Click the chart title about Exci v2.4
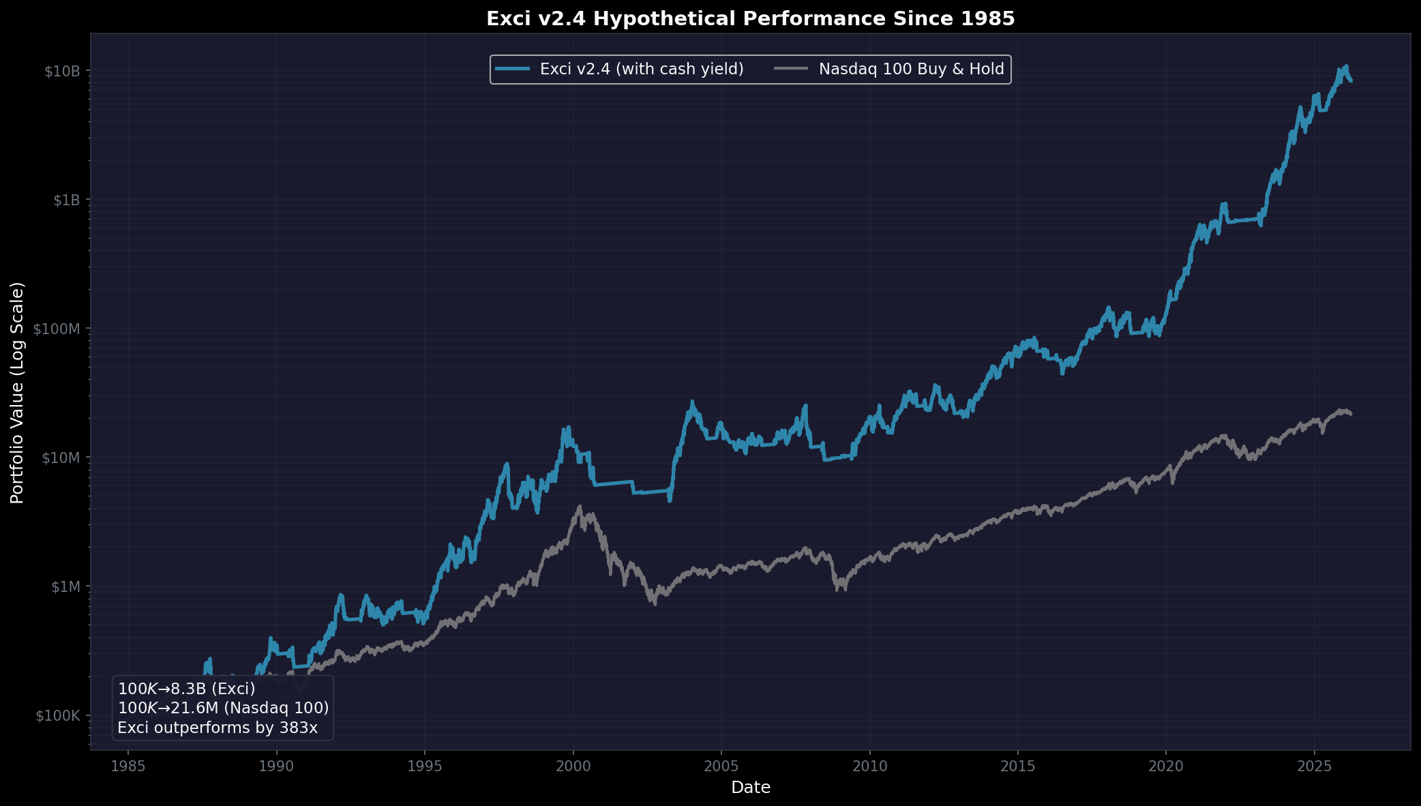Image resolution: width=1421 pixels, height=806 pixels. click(750, 18)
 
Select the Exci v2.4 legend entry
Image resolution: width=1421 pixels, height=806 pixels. click(641, 69)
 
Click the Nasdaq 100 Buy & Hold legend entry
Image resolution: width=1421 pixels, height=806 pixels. click(911, 69)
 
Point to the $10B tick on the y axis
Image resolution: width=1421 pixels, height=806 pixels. click(62, 72)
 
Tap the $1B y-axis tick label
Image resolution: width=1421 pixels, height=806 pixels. click(66, 200)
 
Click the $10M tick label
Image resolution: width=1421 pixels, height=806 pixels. click(62, 458)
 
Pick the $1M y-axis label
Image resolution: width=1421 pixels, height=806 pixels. click(66, 586)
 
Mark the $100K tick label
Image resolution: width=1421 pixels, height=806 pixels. click(59, 715)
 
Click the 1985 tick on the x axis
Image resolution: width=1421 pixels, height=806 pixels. click(128, 766)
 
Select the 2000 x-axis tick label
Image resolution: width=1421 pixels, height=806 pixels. click(573, 766)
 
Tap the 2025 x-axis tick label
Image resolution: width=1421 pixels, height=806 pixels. click(1315, 766)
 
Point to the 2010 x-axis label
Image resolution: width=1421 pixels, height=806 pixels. click(869, 766)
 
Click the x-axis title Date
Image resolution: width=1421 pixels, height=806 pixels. click(750, 788)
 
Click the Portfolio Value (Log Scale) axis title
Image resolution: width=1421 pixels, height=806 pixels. click(17, 393)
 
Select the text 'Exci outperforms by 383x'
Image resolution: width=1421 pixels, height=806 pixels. click(218, 728)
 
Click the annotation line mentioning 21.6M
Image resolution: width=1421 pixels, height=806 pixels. click(223, 708)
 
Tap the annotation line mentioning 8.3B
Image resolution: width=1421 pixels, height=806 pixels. click(186, 689)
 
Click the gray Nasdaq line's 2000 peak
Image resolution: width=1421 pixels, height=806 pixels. click(579, 507)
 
